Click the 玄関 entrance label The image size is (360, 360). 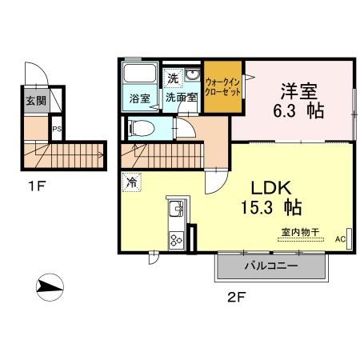pyautogui.click(x=36, y=101)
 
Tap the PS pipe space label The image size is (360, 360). pyautogui.click(x=57, y=129)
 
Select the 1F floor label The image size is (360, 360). pyautogui.click(x=37, y=186)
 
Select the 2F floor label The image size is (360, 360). pyautogui.click(x=236, y=297)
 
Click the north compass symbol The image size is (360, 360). pyautogui.click(x=50, y=287)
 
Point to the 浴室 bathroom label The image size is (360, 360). pyautogui.click(x=140, y=98)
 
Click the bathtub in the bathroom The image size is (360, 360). pyautogui.click(x=140, y=74)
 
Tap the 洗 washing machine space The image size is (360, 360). pyautogui.click(x=173, y=78)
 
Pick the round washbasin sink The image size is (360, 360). pyautogui.click(x=192, y=75)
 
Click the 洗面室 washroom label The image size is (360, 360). pyautogui.click(x=182, y=98)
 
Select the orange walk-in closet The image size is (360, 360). pyautogui.click(x=223, y=87)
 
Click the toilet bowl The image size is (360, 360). pyautogui.click(x=142, y=128)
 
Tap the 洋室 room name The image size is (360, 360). pyautogui.click(x=299, y=91)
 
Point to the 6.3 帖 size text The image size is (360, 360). pyautogui.click(x=298, y=110)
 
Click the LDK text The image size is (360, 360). pyautogui.click(x=271, y=188)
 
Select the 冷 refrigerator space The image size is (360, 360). pyautogui.click(x=132, y=182)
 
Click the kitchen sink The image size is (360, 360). pyautogui.click(x=176, y=208)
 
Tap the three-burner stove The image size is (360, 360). pyautogui.click(x=176, y=240)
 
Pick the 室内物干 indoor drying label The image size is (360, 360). pyautogui.click(x=301, y=232)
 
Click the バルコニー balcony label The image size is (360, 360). pyautogui.click(x=271, y=266)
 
